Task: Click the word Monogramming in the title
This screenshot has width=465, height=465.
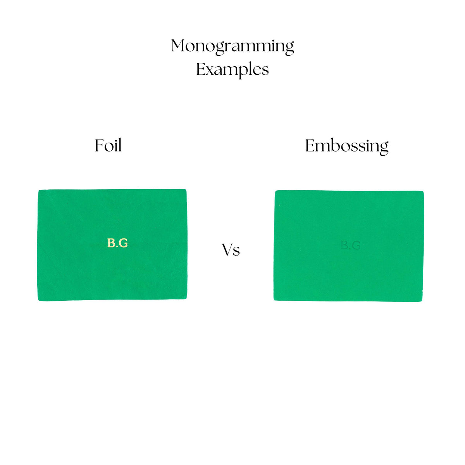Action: point(232,46)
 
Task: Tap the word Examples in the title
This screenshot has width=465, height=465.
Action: point(232,70)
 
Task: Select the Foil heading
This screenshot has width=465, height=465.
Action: point(108,146)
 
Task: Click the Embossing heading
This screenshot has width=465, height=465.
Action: point(347,146)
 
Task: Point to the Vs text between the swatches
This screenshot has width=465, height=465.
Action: point(231,250)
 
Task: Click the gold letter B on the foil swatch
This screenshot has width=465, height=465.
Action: point(111,243)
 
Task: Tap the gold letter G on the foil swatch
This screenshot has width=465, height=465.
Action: point(123,243)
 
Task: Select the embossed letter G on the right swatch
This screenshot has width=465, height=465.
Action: point(356,245)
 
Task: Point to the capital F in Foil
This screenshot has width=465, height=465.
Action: point(100,145)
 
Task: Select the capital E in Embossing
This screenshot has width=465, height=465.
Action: point(310,146)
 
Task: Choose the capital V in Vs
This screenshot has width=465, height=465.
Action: point(227,250)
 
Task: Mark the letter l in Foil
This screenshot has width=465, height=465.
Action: point(120,145)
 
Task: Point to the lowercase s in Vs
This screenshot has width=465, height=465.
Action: point(236,252)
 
